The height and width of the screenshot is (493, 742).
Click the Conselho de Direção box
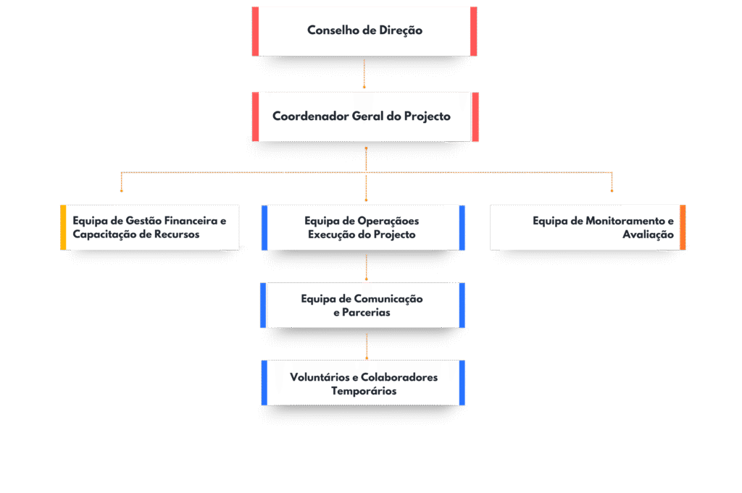[364, 31]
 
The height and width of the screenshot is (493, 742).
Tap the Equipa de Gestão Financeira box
[150, 227]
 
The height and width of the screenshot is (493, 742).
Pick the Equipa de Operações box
[363, 227]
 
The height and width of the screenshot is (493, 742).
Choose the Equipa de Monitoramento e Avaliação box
[588, 227]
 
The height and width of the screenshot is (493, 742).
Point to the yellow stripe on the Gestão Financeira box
[64, 227]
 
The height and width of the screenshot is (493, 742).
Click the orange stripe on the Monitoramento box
[683, 227]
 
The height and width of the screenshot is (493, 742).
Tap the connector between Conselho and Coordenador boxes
[364, 74]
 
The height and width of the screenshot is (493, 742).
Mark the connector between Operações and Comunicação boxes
[367, 266]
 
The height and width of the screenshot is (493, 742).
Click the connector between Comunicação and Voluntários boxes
[367, 345]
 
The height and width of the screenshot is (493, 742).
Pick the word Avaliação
[648, 235]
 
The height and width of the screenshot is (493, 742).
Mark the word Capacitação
[107, 235]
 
